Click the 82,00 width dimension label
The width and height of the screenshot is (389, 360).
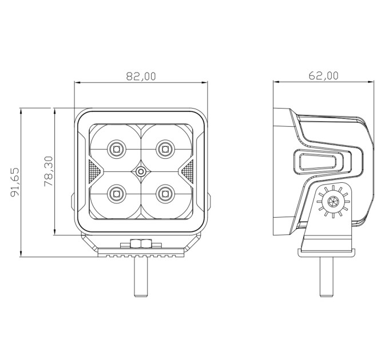141,76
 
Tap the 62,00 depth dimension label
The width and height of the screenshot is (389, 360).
324,75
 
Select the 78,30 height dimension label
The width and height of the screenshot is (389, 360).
49,171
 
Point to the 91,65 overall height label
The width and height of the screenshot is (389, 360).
15,182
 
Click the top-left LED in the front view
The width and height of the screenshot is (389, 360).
116,149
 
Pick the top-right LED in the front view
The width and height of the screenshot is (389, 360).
165,149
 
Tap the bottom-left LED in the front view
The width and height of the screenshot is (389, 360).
116,194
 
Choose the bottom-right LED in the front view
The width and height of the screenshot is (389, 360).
165,194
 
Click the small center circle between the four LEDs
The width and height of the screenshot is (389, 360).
141,171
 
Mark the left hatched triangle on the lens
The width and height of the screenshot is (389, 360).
94,171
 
